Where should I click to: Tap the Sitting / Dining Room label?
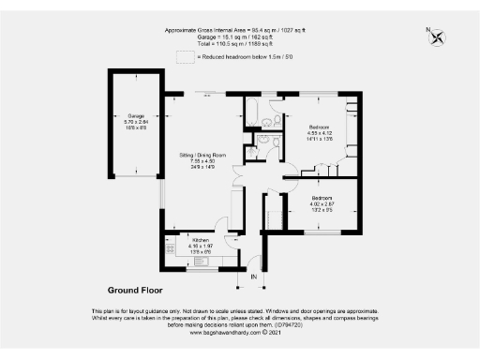point(203,154)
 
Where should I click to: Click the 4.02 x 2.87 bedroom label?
point(321,200)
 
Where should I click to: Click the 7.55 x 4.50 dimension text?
point(203,160)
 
